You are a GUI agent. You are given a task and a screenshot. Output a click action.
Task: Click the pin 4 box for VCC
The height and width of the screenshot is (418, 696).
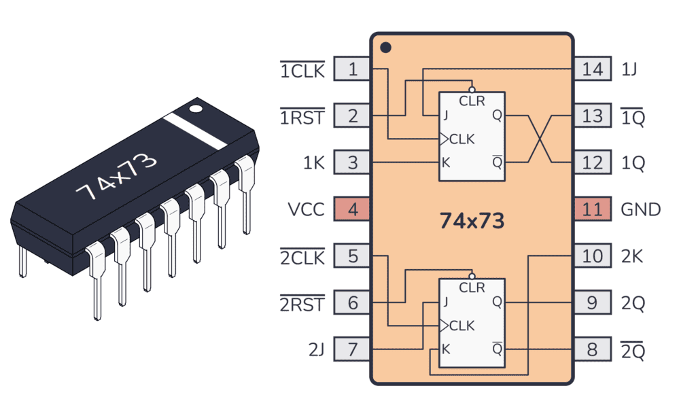pyautogui.click(x=352, y=209)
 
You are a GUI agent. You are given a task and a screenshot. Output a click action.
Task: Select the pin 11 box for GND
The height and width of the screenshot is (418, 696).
pyautogui.click(x=592, y=209)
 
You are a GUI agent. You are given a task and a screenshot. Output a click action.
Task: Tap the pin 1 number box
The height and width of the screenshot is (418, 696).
pyautogui.click(x=352, y=69)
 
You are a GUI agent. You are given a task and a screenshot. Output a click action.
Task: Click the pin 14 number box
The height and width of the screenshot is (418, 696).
pyautogui.click(x=592, y=69)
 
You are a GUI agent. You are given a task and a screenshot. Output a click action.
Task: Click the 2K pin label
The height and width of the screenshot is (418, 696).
pyautogui.click(x=633, y=256)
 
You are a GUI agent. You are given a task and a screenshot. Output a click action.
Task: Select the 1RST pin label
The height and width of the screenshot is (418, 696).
pyautogui.click(x=302, y=116)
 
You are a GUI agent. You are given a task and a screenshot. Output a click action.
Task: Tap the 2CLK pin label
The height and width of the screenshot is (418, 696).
pyautogui.click(x=302, y=257)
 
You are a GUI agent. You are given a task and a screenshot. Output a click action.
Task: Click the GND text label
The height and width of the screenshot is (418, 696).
pyautogui.click(x=641, y=209)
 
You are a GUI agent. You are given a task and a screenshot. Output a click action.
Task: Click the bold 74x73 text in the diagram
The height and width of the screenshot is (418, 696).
pyautogui.click(x=472, y=221)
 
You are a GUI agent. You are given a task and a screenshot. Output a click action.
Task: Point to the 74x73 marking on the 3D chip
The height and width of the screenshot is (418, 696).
pyautogui.click(x=116, y=175)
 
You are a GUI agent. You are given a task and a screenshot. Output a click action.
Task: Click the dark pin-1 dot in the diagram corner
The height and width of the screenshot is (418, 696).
pyautogui.click(x=385, y=48)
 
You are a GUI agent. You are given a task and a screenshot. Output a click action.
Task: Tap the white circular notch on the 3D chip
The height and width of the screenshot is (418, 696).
pyautogui.click(x=196, y=107)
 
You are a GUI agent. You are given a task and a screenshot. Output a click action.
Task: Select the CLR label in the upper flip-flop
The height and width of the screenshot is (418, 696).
pyautogui.click(x=472, y=101)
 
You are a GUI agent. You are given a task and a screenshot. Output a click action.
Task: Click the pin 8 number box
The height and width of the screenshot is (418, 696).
pyautogui.click(x=592, y=350)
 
